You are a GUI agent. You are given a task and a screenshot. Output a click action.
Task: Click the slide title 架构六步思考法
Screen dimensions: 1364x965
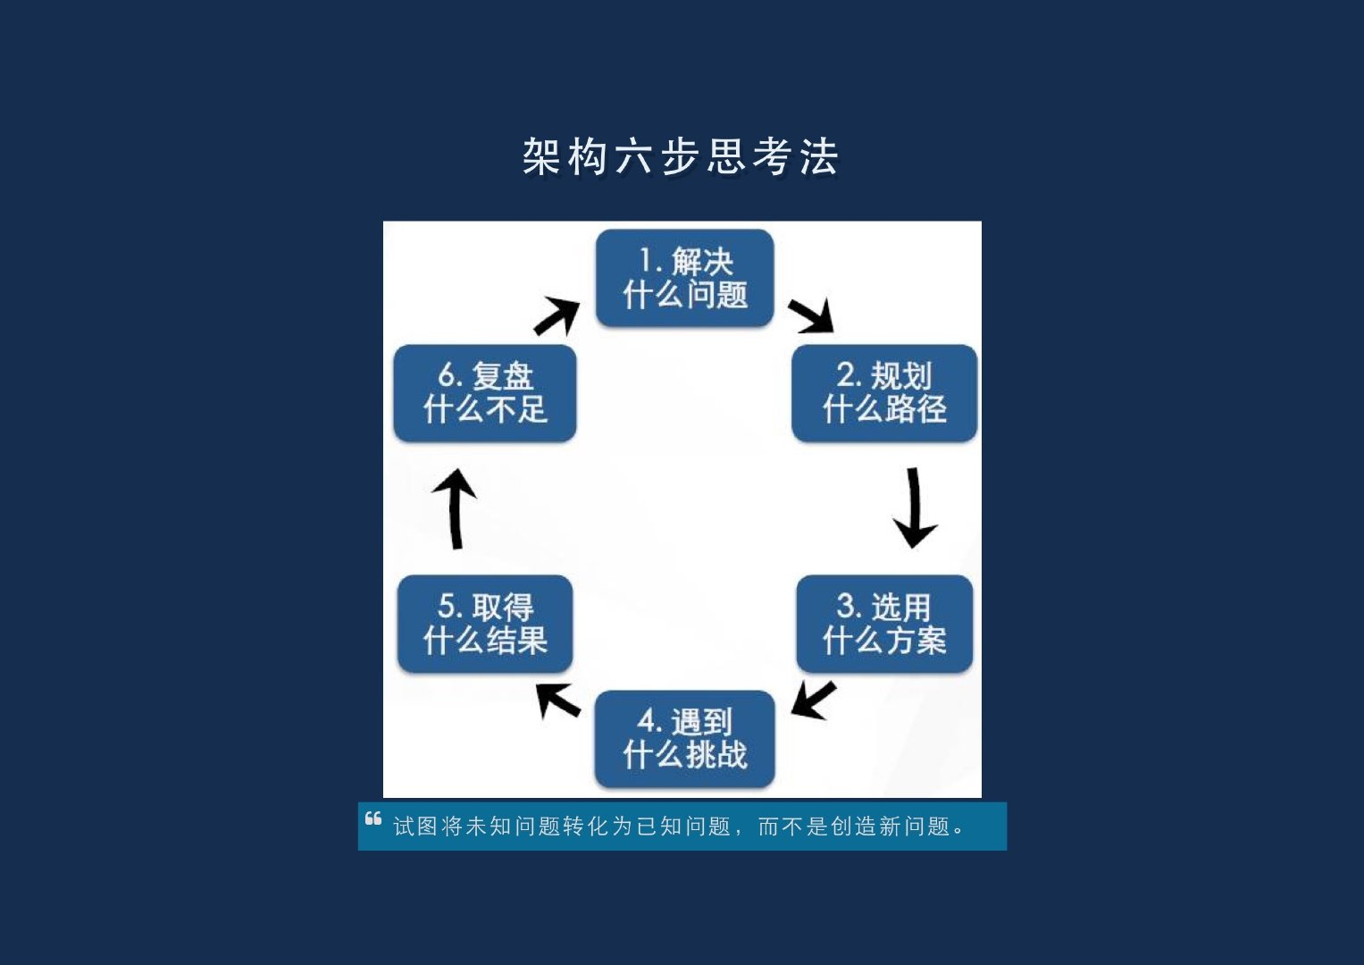[x=681, y=157]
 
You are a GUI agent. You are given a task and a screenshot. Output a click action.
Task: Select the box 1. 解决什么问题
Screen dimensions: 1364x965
[x=684, y=278]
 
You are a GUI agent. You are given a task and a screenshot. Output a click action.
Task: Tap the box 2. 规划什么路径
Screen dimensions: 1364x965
[x=884, y=393]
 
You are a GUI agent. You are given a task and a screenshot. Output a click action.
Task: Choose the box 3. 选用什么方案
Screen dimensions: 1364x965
[x=884, y=624]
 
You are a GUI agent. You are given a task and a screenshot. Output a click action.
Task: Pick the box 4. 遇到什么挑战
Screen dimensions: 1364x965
[x=684, y=739]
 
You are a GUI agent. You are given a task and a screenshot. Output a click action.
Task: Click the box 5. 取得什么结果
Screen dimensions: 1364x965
[x=485, y=624]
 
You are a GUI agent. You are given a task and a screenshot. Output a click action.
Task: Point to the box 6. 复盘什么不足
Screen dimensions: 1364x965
[x=485, y=393]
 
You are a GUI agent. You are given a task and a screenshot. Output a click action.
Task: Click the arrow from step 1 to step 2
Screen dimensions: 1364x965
[x=812, y=316]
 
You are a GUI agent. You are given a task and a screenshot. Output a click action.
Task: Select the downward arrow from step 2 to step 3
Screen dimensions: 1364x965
[x=914, y=508]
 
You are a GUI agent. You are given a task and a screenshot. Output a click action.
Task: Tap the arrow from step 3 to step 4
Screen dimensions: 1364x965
[x=813, y=699]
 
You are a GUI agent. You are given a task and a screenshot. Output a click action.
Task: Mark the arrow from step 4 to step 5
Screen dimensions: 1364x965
[x=557, y=700]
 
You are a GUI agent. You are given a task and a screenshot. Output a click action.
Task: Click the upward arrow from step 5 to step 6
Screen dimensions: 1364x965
[x=455, y=508]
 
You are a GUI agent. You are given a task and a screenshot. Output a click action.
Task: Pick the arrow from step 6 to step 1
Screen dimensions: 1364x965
[x=556, y=316]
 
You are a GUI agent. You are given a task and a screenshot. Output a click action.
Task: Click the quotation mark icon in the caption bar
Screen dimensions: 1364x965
[x=373, y=818]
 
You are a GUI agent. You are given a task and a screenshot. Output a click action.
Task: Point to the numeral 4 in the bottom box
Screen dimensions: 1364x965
[x=647, y=720]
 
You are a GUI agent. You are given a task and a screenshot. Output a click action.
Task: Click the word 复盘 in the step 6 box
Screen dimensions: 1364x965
[x=503, y=376]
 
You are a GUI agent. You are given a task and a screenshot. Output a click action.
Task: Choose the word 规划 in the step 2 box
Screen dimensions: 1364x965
[x=901, y=376]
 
